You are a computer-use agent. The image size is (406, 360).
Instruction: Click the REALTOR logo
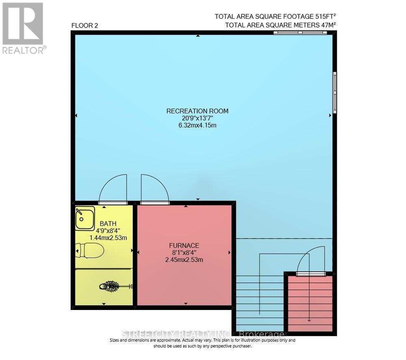tap(23, 28)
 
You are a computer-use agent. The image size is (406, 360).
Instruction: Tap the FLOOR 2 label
tap(84, 26)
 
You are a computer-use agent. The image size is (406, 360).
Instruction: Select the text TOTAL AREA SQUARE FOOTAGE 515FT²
tap(276, 17)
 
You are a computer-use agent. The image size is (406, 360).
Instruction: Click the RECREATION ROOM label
tap(197, 111)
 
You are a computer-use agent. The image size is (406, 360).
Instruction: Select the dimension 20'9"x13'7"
tap(197, 118)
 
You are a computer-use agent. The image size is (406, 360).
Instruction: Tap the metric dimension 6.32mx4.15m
tap(197, 125)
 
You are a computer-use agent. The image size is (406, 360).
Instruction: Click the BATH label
tap(108, 223)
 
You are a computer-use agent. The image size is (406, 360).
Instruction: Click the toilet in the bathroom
tap(90, 251)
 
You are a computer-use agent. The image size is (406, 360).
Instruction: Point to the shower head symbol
tap(110, 286)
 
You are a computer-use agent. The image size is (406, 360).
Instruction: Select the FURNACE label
tap(184, 245)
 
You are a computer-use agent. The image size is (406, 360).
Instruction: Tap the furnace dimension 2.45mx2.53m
tap(184, 260)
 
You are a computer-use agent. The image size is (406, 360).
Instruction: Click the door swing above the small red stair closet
tap(311, 260)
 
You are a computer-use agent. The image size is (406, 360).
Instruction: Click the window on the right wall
tap(335, 92)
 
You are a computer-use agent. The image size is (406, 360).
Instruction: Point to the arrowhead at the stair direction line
tap(309, 320)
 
